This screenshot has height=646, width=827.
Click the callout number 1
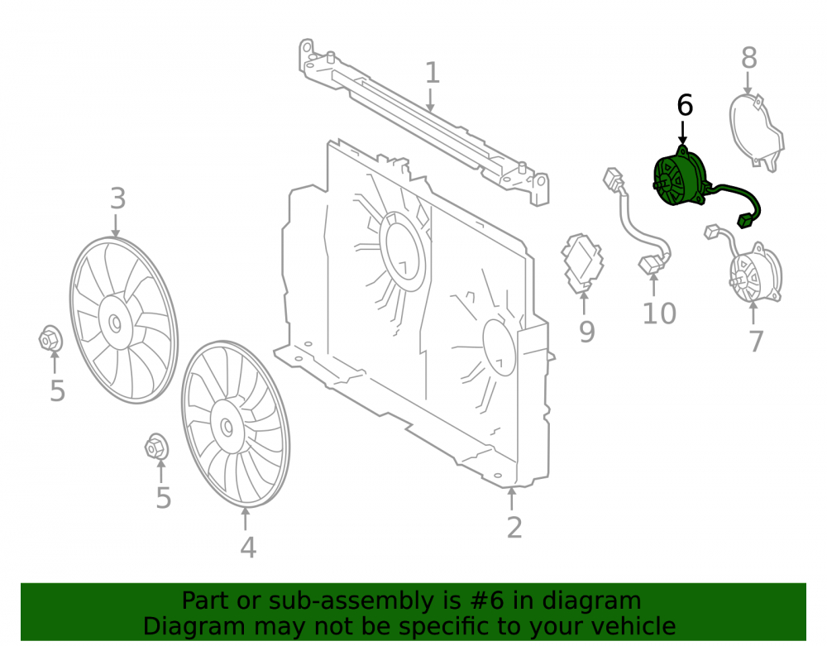(x=432, y=73)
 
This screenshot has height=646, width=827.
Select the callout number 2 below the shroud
(x=514, y=528)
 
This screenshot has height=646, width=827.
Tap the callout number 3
(x=117, y=199)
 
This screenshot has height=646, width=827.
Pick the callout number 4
(x=248, y=548)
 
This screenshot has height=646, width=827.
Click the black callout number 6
(x=685, y=106)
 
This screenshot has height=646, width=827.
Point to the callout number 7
(x=757, y=341)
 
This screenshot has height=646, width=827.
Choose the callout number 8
(x=749, y=57)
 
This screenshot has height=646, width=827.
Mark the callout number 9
(x=587, y=331)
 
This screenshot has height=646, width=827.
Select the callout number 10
(x=659, y=313)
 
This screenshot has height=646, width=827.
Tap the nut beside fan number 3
(x=50, y=338)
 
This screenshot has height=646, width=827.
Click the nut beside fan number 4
(x=156, y=447)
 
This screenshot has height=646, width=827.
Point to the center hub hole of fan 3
(x=114, y=323)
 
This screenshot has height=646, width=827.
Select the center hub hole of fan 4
(x=227, y=427)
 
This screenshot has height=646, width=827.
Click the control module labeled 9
(x=582, y=263)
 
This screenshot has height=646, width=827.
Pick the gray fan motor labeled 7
(x=754, y=273)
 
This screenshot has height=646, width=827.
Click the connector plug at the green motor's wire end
(x=744, y=220)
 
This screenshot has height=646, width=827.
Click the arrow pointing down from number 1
(x=431, y=101)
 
